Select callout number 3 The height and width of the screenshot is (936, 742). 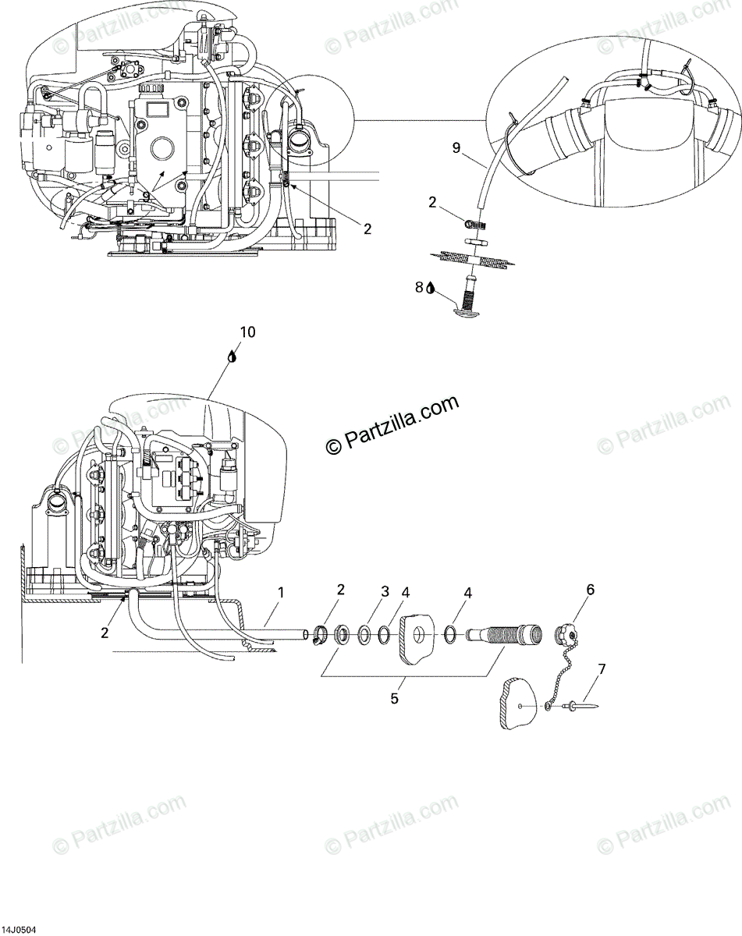[x=385, y=592]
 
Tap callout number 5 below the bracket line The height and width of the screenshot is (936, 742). [x=394, y=699]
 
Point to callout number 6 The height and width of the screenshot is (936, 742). [x=590, y=590]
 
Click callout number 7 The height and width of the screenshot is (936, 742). [x=601, y=668]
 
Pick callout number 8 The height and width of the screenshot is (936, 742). [x=419, y=287]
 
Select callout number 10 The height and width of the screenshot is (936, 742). [x=247, y=331]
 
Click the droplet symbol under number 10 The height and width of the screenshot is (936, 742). [x=232, y=356]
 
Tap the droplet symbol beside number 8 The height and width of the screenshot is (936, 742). [x=430, y=288]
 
